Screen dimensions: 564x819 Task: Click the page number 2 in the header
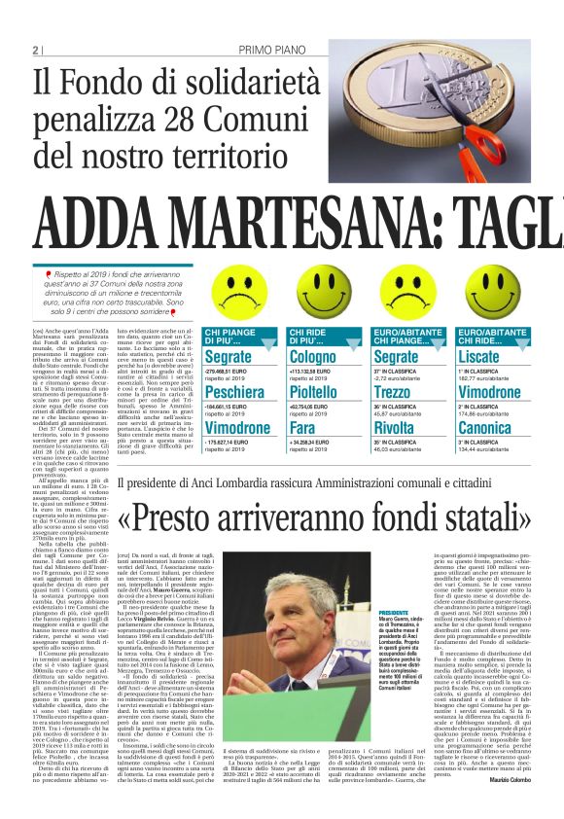point(35,50)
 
